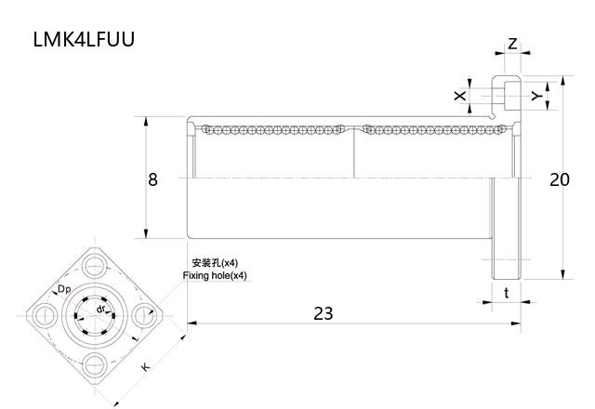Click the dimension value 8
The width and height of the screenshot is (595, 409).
[x=152, y=179]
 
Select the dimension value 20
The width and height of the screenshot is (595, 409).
[x=559, y=179]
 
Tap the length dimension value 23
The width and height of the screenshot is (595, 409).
[x=322, y=313]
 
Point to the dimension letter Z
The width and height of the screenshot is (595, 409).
[x=512, y=45]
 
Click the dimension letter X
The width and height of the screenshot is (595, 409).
[x=458, y=96]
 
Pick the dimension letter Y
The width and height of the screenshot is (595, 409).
[x=536, y=96]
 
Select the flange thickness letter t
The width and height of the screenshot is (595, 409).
[x=506, y=292]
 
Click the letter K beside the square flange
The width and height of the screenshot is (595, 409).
[x=146, y=367]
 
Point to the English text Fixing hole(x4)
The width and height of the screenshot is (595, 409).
[x=215, y=276]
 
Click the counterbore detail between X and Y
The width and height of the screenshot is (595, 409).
[x=507, y=95]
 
